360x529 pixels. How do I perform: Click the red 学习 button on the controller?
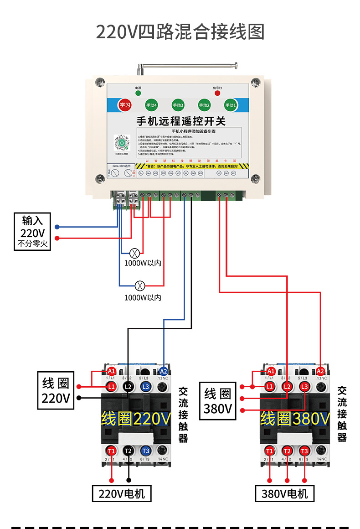124,105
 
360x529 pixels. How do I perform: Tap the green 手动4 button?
151,105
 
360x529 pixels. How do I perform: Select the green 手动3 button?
178,105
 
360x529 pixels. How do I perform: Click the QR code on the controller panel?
122,143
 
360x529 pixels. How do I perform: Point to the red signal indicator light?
217,93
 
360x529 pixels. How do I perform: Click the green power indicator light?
138,93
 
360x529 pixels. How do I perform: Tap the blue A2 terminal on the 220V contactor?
164,371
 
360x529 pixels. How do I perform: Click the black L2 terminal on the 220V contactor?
129,387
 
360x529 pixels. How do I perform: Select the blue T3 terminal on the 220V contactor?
145,450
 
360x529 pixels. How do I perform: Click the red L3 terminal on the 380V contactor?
304,387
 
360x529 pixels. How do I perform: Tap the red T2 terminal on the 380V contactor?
287,451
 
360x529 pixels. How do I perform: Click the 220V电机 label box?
122,493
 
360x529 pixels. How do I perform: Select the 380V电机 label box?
285,493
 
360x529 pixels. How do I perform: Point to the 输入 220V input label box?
32,232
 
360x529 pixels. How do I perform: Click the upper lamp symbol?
134,253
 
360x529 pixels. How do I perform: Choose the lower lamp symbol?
141,286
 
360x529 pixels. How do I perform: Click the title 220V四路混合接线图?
180,32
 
